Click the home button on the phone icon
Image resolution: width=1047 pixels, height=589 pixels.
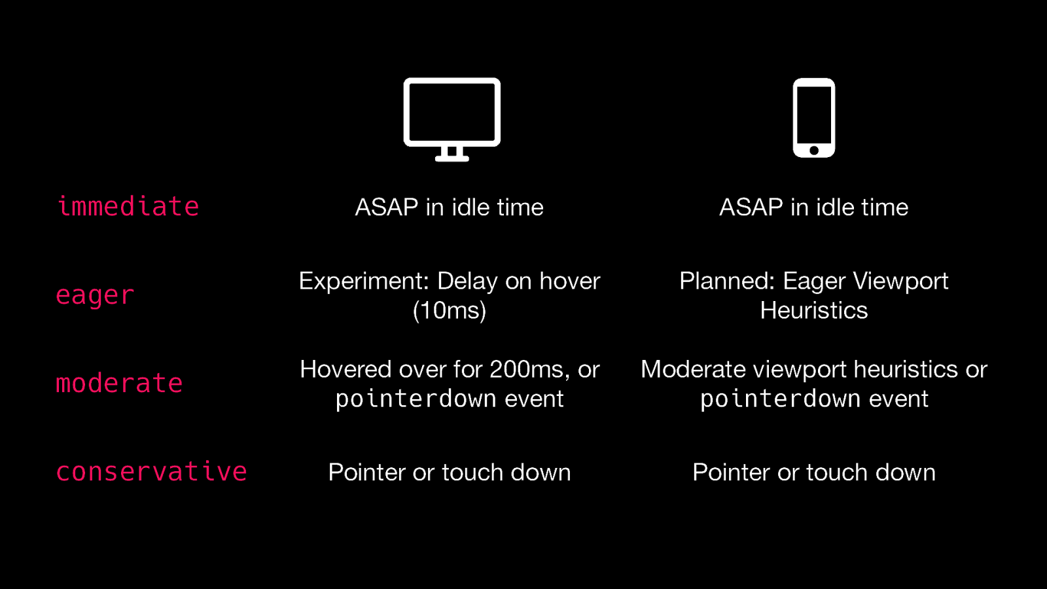(x=814, y=151)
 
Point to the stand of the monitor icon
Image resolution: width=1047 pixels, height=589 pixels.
(x=452, y=154)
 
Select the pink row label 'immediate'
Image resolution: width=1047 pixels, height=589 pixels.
(x=128, y=206)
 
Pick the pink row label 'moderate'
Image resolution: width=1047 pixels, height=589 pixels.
(x=119, y=384)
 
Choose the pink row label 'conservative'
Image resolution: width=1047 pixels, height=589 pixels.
(x=151, y=471)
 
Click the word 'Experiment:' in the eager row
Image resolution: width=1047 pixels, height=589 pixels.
(x=364, y=281)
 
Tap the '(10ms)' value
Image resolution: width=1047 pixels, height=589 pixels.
(x=449, y=310)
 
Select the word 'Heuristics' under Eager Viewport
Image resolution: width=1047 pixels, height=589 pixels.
(x=814, y=310)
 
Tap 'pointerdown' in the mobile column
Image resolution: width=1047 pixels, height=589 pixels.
(x=781, y=399)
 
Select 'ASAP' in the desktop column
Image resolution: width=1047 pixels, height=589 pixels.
(x=387, y=207)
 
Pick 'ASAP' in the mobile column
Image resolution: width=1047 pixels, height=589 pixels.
(x=751, y=207)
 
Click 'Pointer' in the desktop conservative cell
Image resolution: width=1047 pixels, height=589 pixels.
(x=367, y=472)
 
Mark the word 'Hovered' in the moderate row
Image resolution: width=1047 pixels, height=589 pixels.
(x=346, y=369)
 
